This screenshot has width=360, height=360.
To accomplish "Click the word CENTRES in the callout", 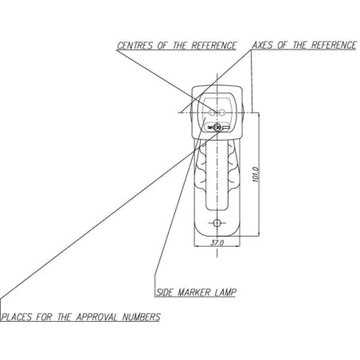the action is (135, 45).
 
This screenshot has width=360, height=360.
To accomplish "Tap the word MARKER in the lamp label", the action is (194, 292).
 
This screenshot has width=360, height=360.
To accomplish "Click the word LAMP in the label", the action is (225, 292).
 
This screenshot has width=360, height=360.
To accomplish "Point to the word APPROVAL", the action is (97, 317).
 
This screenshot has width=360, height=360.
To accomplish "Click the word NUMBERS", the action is (142, 317).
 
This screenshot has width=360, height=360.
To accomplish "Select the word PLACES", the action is (17, 317).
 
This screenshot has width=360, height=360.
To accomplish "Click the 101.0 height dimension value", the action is (256, 174).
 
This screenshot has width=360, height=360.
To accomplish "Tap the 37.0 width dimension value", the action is (217, 243).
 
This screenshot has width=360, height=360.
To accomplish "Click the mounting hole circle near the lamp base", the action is (217, 223).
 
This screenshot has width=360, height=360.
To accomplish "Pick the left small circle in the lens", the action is (212, 113).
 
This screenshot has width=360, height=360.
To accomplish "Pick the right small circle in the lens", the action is (222, 113).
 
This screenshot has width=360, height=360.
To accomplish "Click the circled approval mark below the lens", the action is (217, 127).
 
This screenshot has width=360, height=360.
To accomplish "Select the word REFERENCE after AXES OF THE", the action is (334, 45).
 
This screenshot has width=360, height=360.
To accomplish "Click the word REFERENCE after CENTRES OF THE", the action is (213, 45).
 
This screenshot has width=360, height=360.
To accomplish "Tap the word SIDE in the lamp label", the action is (165, 292).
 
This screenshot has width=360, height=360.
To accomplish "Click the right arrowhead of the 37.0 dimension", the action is (237, 246).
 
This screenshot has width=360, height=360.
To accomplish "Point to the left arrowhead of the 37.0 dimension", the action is (197, 246).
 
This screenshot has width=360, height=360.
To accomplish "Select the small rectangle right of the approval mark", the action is (225, 128).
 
